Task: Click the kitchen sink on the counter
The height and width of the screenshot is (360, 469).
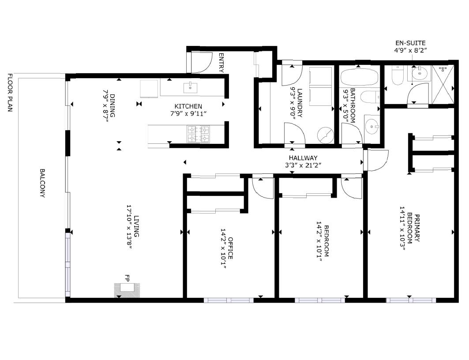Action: point(190,88)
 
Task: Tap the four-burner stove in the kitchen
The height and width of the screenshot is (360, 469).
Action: point(198,134)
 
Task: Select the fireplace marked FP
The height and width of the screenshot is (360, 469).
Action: point(127,290)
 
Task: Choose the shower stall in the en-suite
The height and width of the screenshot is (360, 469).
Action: point(443,85)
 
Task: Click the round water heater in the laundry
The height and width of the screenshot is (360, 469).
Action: point(326,135)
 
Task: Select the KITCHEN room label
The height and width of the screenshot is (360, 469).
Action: point(188,106)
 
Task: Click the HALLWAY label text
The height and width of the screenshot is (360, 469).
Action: point(303,158)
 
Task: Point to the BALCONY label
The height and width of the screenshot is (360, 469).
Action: point(42,183)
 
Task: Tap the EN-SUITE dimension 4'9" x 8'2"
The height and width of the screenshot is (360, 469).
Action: point(410,51)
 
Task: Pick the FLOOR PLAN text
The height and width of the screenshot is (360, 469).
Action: point(10,92)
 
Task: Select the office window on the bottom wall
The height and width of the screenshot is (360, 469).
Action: point(229,300)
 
